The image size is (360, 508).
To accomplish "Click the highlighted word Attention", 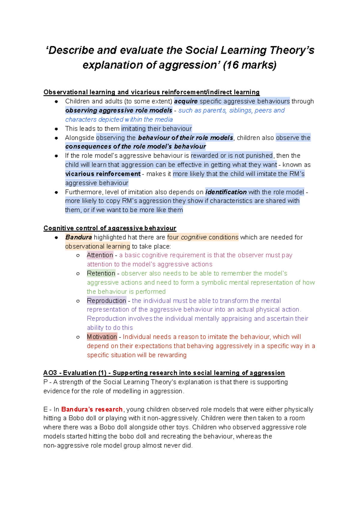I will click(x=100, y=255).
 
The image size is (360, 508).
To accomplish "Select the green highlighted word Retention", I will click(x=101, y=273).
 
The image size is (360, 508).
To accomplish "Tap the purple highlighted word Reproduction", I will click(x=106, y=300).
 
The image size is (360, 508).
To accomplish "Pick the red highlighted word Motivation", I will click(x=102, y=337).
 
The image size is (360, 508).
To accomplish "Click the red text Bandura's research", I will click(x=92, y=409).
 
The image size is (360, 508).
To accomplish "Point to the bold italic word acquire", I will click(x=186, y=101).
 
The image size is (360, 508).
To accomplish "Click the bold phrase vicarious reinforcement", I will click(x=103, y=174).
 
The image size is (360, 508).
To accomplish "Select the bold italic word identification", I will click(x=226, y=192).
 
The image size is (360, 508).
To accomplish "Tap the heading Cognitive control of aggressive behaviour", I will click(x=110, y=228).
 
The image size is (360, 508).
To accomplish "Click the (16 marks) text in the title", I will click(x=250, y=65).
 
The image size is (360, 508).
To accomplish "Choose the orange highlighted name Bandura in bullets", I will click(x=79, y=237).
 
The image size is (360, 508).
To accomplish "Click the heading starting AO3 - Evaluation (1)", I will click(x=164, y=373).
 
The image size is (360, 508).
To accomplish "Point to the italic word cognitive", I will click(x=194, y=237).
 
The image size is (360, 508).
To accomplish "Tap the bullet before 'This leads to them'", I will click(x=56, y=129).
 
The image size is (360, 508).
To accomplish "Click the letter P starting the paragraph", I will click(x=46, y=382).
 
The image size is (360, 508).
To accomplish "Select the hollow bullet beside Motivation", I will click(x=78, y=337).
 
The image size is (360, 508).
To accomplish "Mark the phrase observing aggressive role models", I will click(x=119, y=110).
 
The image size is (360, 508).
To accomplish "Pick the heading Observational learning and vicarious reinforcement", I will click(x=151, y=92).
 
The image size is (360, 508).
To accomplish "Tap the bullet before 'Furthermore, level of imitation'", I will click(x=56, y=192).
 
